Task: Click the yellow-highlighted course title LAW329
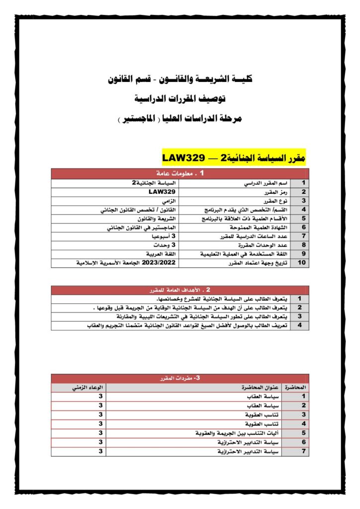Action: pyautogui.click(x=234, y=158)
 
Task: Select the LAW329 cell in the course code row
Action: pyautogui.click(x=162, y=192)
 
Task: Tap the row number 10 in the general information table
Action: pyautogui.click(x=301, y=263)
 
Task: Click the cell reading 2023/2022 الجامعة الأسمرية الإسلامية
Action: pyautogui.click(x=115, y=263)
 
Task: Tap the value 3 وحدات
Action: pyautogui.click(x=164, y=245)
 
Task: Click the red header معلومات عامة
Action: pyautogui.click(x=180, y=174)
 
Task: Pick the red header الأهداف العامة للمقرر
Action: pyautogui.click(x=180, y=289)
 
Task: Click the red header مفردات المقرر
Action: pyautogui.click(x=180, y=378)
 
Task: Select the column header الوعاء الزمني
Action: pyautogui.click(x=79, y=387)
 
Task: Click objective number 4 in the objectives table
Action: pyautogui.click(x=300, y=325)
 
